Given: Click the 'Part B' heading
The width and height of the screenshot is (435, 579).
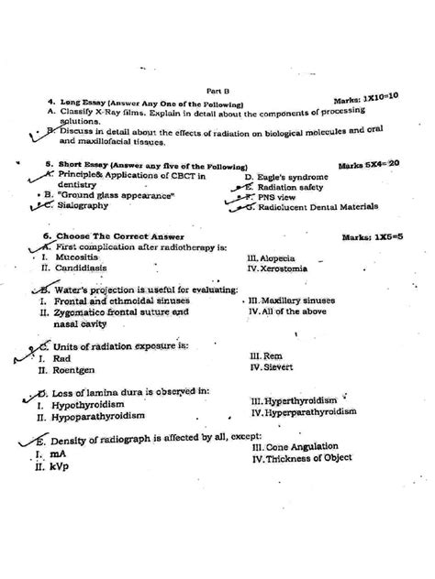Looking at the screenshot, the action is [x=217, y=91].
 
